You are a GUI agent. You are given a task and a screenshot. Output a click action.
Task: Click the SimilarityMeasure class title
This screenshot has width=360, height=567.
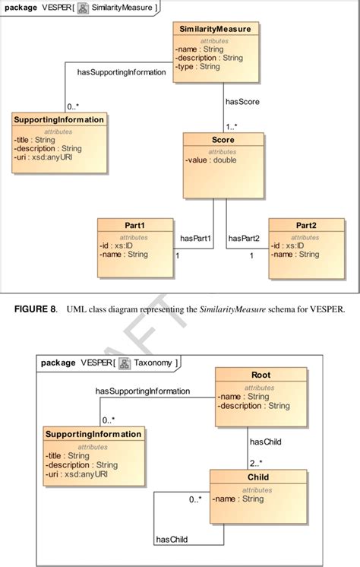[216, 29]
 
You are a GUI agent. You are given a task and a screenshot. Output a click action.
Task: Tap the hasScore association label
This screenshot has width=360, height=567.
[242, 101]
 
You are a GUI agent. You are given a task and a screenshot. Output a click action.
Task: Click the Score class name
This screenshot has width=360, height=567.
[223, 141]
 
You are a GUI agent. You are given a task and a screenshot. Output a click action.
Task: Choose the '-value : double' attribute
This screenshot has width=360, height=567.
[211, 160]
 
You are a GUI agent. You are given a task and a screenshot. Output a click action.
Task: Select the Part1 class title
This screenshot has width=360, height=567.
[134, 226]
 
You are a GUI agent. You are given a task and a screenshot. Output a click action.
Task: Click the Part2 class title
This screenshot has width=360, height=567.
[305, 226]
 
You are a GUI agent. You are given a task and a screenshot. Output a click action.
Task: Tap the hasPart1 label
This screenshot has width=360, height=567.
[195, 238]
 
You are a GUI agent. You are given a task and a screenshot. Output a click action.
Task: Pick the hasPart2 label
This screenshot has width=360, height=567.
[244, 238]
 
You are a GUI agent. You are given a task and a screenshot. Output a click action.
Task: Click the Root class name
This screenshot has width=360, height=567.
[261, 375]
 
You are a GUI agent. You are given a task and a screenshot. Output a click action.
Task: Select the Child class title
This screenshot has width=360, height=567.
[257, 477]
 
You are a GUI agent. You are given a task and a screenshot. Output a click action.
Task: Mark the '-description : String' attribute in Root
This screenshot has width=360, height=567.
[253, 405]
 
